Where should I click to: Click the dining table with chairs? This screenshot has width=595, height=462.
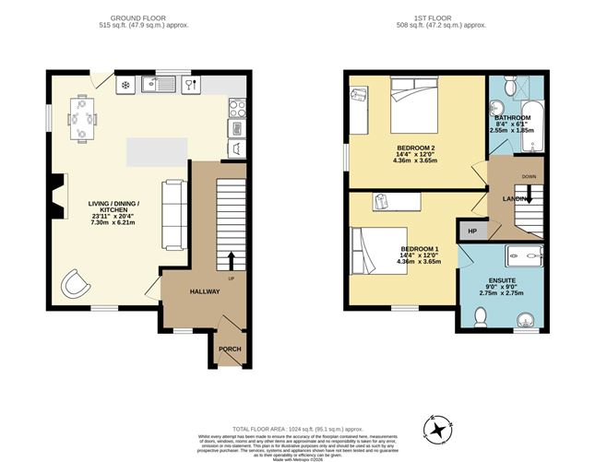tap(81, 118)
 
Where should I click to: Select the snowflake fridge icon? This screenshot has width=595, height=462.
tap(125, 85)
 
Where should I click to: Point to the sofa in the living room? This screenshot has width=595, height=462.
tap(173, 214)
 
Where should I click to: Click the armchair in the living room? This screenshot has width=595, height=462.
tap(75, 284)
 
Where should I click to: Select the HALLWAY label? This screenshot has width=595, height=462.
tap(205, 291)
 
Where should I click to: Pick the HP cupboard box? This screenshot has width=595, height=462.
tap(472, 231)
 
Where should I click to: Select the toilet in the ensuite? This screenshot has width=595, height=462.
tap(479, 316)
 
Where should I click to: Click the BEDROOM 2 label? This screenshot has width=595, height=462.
tap(415, 149)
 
